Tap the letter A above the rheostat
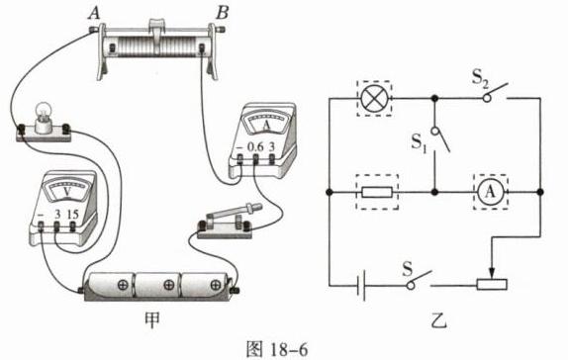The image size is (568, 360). (94, 13)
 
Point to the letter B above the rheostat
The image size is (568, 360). (222, 13)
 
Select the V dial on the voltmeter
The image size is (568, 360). (67, 190)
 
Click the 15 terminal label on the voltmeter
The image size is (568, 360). (72, 214)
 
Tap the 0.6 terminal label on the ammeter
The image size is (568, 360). (255, 146)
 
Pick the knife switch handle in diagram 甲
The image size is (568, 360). (235, 213)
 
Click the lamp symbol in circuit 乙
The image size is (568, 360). (375, 98)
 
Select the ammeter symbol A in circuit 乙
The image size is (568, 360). (490, 192)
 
